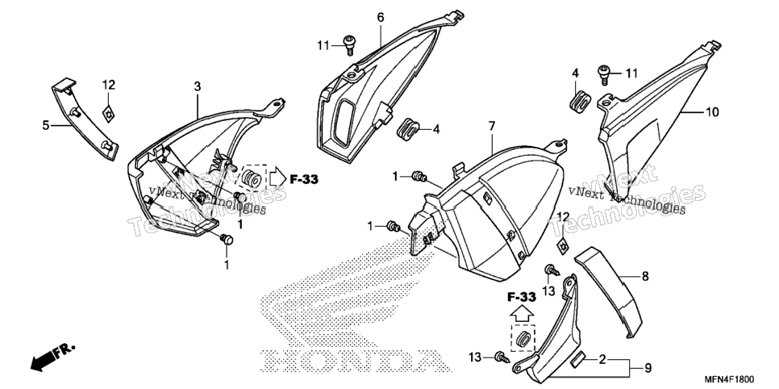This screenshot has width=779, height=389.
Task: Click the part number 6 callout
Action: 381,18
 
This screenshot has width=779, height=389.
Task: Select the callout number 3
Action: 198,86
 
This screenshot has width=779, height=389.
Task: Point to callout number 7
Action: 492,127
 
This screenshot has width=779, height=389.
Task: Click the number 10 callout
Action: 712,112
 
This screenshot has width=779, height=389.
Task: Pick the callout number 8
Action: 645,276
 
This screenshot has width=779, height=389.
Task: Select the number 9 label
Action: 648,368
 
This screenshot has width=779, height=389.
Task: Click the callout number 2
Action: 602,359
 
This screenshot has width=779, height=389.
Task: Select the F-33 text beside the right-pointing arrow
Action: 304,180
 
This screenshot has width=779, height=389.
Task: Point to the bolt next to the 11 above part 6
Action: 349,44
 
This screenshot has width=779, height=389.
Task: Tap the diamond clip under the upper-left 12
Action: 108,115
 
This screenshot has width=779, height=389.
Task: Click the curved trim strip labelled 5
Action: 85,119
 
